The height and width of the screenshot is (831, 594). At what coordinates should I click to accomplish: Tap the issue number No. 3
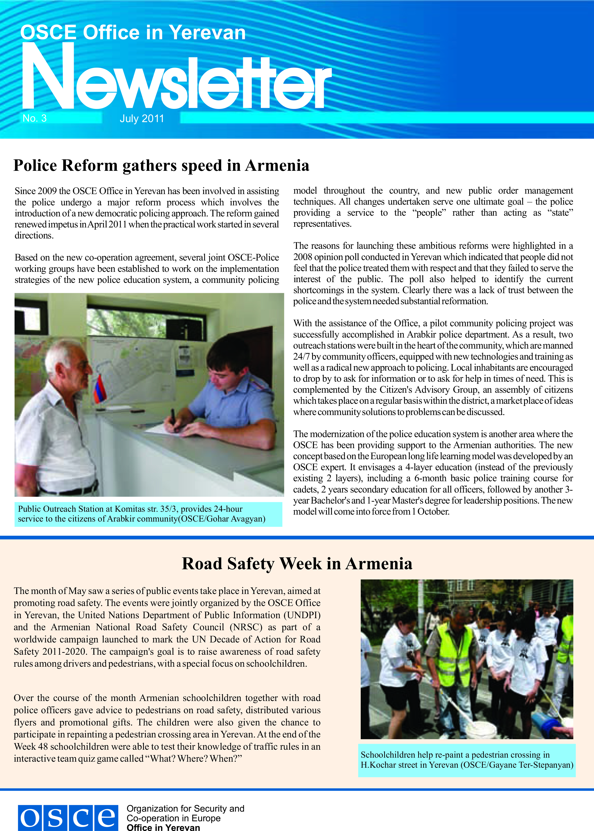35,118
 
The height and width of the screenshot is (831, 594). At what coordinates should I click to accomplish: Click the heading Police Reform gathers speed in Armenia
161,165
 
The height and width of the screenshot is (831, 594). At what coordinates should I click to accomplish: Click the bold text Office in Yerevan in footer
163,828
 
